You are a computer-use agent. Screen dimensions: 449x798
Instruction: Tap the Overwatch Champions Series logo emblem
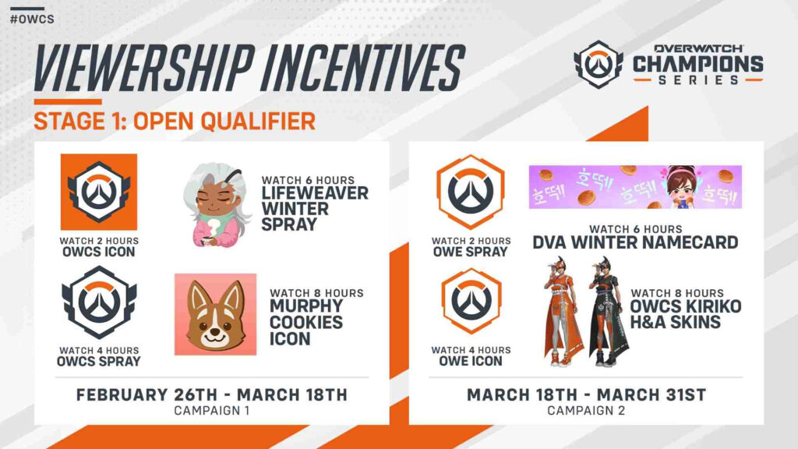598,65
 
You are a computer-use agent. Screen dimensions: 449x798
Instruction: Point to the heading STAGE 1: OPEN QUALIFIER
175,121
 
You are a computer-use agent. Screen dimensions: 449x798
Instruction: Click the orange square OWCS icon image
99,192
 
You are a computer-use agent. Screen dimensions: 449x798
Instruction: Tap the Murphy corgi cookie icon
215,314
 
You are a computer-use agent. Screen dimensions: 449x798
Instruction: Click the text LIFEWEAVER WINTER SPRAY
314,201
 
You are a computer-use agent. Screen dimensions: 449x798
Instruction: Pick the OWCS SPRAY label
99,361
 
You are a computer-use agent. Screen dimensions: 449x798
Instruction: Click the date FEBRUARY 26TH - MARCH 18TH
212,395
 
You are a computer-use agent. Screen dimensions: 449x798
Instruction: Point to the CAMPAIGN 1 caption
212,410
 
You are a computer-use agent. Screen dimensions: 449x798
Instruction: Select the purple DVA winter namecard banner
635,187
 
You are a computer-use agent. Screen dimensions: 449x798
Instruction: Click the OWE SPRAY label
471,251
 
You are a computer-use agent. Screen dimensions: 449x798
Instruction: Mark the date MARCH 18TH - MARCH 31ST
586,395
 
